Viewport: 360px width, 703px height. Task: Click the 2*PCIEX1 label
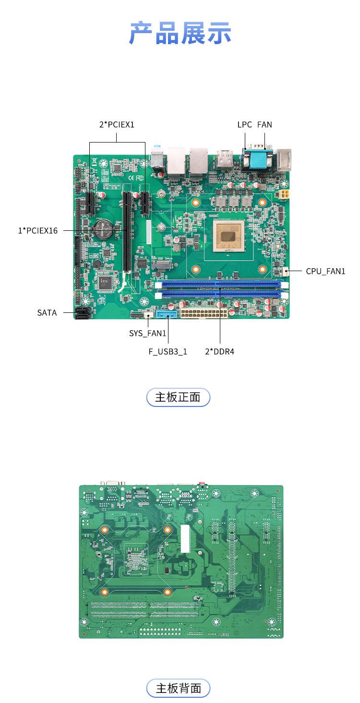click(117, 125)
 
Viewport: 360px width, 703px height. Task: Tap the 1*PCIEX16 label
click(38, 231)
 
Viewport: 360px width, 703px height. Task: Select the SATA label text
click(47, 312)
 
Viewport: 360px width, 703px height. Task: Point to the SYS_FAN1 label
click(147, 334)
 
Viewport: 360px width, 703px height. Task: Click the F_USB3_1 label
click(168, 351)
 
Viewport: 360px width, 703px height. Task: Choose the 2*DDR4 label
click(220, 351)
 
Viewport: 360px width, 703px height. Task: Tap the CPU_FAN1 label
click(325, 271)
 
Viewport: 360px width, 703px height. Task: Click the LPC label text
click(244, 125)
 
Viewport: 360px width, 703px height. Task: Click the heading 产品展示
click(180, 33)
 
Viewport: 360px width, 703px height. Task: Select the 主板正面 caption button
click(178, 397)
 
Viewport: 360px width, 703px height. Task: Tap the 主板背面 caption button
click(178, 689)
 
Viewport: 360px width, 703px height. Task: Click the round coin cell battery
click(103, 229)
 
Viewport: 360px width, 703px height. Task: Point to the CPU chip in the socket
click(228, 236)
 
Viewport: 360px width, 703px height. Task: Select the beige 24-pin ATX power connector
click(204, 313)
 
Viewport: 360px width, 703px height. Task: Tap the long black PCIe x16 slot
click(127, 232)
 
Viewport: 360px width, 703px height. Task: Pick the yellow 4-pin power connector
click(284, 194)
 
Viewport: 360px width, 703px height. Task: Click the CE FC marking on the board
click(136, 178)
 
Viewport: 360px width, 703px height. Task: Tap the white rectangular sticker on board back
click(185, 538)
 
